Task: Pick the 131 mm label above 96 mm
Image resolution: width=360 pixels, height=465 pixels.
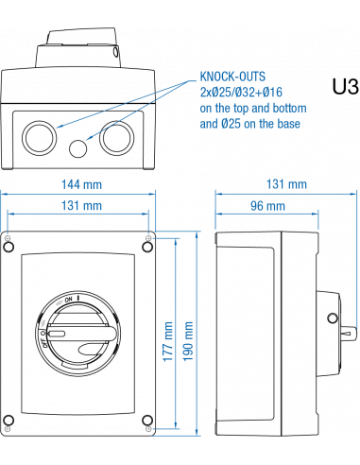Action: [x=287, y=183]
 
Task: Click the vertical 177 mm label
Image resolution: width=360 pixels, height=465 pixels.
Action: [x=168, y=340]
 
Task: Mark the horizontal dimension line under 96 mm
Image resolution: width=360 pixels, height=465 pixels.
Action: [x=266, y=215]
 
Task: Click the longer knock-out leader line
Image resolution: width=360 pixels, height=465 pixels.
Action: [x=123, y=103]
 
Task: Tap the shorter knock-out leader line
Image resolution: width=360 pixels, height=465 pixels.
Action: [x=137, y=111]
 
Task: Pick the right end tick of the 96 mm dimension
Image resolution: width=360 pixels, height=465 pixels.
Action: [x=318, y=215]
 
